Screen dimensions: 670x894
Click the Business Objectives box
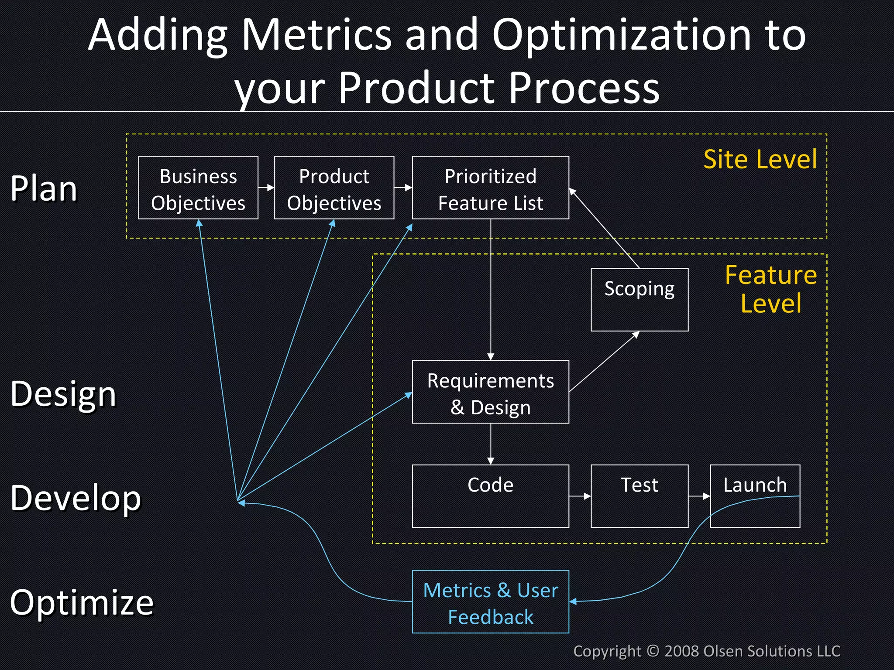(x=198, y=188)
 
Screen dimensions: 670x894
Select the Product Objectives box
(x=334, y=188)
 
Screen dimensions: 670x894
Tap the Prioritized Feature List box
(x=490, y=188)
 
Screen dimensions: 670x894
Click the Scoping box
(x=640, y=300)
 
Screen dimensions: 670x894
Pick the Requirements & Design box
(x=490, y=392)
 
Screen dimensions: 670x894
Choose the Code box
(x=490, y=496)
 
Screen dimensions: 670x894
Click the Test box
(x=640, y=496)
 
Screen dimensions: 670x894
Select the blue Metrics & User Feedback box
(x=490, y=602)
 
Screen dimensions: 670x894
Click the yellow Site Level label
(x=760, y=159)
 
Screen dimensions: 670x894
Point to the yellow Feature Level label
(x=771, y=289)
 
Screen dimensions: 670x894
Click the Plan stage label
(x=44, y=189)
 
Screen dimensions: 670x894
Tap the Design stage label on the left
(x=63, y=394)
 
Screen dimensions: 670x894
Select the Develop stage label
(x=76, y=498)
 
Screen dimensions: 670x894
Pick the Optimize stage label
(x=82, y=602)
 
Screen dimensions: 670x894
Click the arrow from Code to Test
(x=580, y=496)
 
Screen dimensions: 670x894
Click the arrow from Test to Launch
(x=699, y=496)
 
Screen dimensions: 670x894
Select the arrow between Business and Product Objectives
(x=266, y=188)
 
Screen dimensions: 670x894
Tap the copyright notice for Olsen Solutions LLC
(x=706, y=651)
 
